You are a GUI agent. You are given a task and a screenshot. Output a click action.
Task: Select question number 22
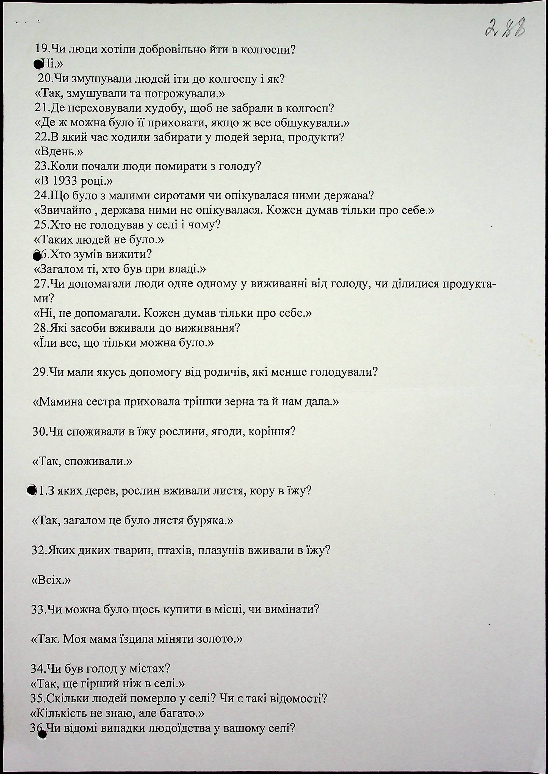click(x=41, y=137)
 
